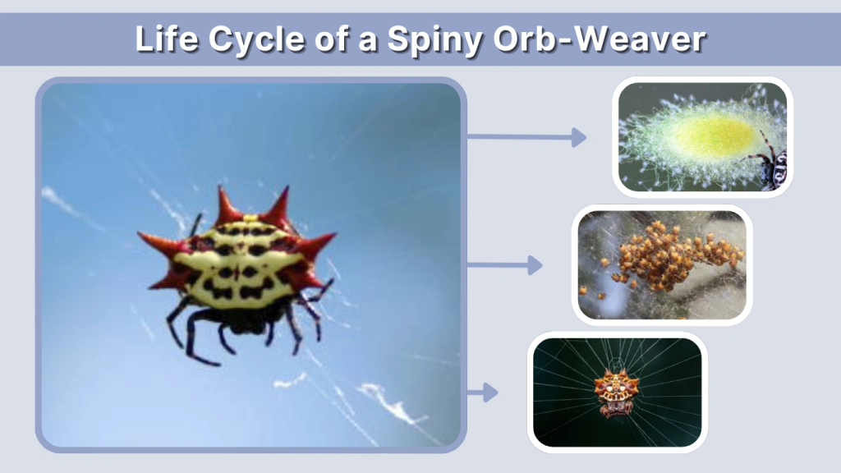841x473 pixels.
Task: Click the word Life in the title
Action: click(167, 39)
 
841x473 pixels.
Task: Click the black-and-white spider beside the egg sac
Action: click(773, 165)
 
